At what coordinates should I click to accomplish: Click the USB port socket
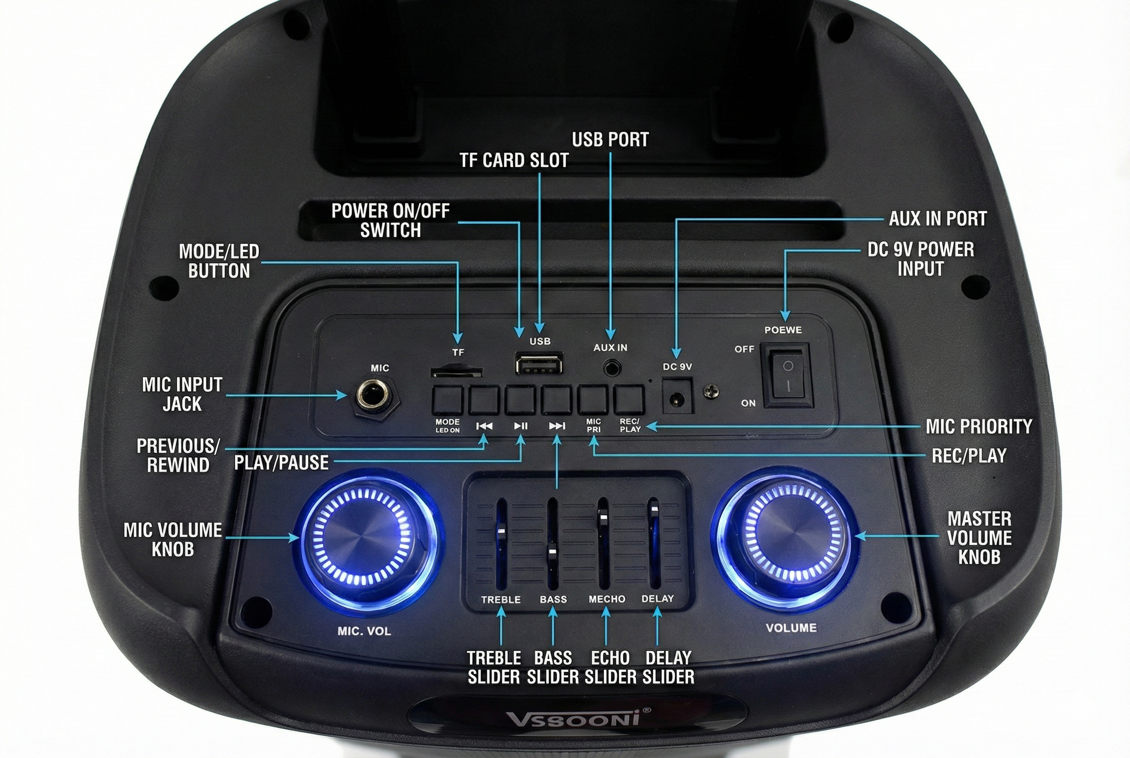point(539,363)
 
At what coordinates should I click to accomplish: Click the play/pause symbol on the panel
point(521,426)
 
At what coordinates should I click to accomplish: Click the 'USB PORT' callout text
point(610,139)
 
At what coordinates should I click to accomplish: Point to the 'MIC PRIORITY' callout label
point(978,426)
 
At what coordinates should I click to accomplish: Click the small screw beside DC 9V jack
point(711,391)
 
